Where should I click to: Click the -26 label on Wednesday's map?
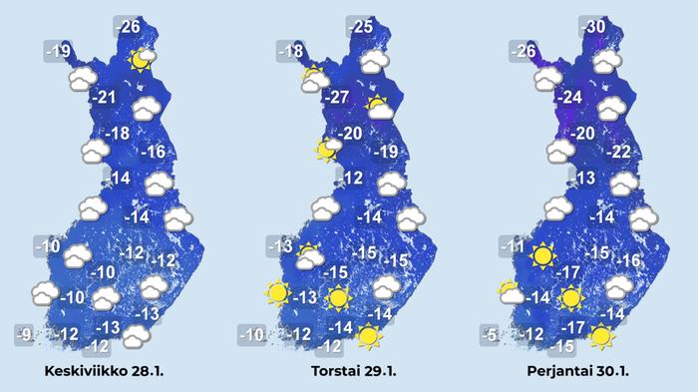[129, 26]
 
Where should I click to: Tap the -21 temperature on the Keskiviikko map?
[104, 98]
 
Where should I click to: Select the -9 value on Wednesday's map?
[28, 334]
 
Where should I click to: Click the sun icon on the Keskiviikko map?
[143, 59]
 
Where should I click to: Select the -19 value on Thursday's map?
[385, 153]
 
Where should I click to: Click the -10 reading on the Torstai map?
[253, 334]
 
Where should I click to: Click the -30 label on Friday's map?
[594, 26]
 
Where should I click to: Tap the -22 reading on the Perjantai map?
[618, 153]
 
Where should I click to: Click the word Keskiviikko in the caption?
[84, 372]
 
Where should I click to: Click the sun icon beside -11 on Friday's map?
[541, 256]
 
